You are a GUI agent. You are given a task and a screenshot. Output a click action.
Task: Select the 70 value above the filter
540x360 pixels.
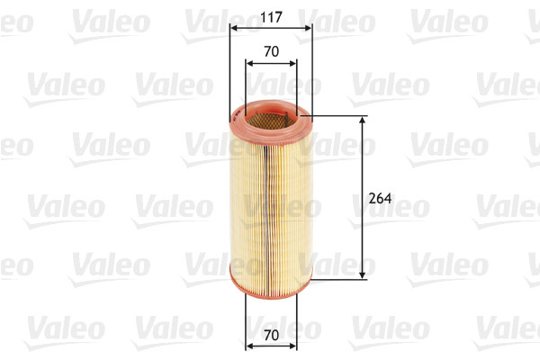270,52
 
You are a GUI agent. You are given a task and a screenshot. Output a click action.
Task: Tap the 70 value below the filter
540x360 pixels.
270,335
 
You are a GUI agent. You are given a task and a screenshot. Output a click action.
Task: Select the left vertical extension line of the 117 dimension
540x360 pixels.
229,72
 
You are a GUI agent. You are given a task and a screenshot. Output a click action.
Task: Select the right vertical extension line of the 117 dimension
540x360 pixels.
312,72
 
